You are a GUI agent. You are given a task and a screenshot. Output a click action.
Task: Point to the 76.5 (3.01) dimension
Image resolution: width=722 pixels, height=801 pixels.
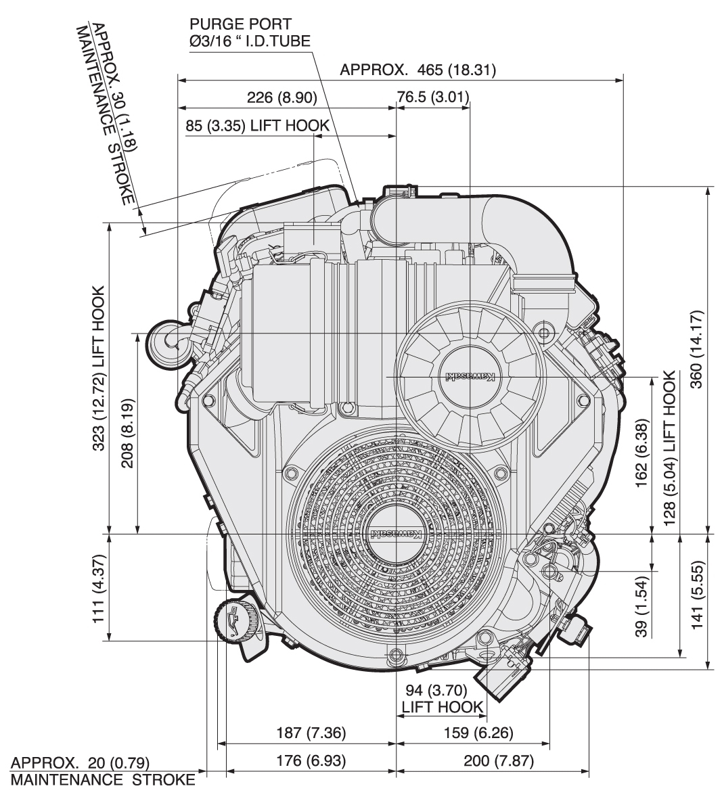[433, 97]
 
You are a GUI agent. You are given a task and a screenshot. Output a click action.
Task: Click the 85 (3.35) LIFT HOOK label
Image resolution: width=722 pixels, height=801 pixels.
[257, 125]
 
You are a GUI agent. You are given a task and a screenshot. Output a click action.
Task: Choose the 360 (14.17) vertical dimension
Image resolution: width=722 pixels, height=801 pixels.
[696, 359]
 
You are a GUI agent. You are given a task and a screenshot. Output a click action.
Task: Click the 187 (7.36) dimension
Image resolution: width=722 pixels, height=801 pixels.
[311, 733]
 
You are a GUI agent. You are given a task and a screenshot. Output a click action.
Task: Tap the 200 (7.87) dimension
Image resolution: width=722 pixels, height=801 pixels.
[499, 760]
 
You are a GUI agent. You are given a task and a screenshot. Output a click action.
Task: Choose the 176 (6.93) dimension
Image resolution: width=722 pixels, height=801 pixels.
[311, 760]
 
